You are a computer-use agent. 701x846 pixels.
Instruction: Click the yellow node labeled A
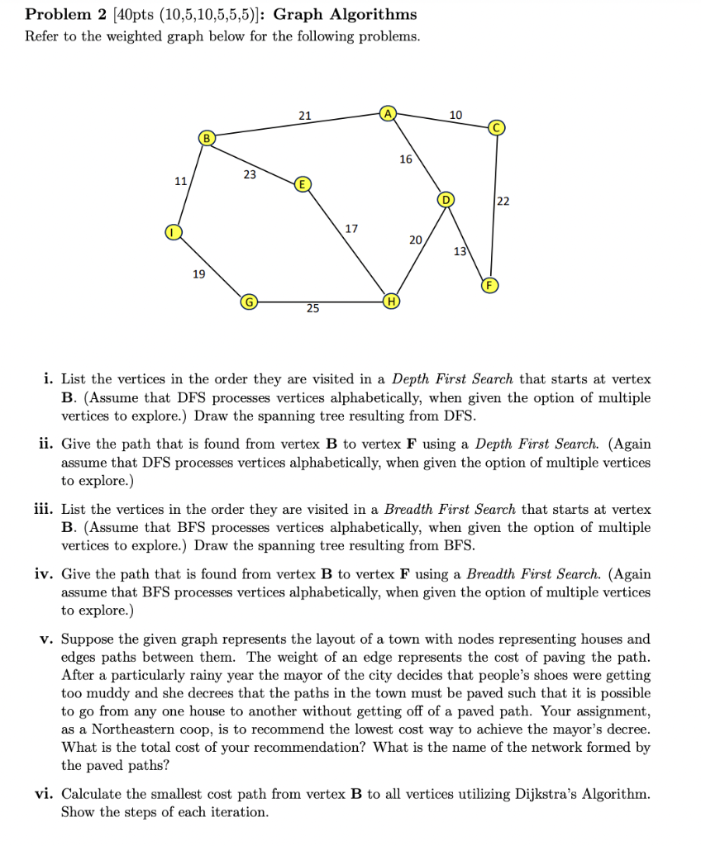[x=389, y=113]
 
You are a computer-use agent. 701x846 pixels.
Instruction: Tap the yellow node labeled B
[x=207, y=136]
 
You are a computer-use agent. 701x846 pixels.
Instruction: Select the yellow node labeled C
[x=496, y=127]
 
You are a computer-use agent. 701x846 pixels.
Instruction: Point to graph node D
[x=447, y=200]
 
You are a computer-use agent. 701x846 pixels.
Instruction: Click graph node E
[x=303, y=183]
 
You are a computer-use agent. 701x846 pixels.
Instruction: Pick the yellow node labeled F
[x=489, y=285]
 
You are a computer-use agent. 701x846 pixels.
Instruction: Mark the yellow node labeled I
[x=172, y=234]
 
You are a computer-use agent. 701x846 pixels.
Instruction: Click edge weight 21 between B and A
[x=304, y=116]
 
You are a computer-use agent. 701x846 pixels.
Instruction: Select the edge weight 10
[x=455, y=114]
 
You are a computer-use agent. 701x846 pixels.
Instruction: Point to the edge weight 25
[x=312, y=309]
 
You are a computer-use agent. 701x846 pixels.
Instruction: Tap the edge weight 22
[x=504, y=202]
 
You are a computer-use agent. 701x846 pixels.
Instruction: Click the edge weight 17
[x=350, y=228]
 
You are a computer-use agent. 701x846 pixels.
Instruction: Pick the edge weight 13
[x=460, y=250]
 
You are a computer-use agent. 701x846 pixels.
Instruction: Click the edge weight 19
[x=199, y=273]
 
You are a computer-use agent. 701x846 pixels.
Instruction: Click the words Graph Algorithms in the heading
[x=345, y=14]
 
